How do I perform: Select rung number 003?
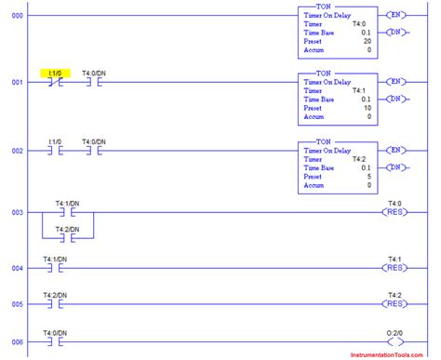pos(13,213)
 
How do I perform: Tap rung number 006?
pos(13,341)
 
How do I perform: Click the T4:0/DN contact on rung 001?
pos(93,82)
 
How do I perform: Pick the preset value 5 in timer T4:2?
pos(369,177)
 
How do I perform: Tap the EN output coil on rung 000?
pos(395,15)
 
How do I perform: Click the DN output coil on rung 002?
pos(395,167)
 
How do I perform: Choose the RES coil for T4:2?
pos(395,302)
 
